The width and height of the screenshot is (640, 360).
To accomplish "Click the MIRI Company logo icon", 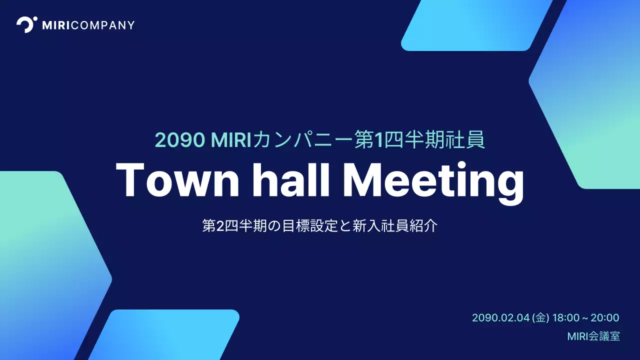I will [x=26, y=24].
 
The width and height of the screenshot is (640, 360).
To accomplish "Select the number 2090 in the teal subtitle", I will [x=180, y=140].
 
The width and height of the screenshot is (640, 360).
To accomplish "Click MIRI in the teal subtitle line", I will [x=231, y=140].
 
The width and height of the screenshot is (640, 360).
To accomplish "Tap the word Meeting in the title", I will [x=433, y=181].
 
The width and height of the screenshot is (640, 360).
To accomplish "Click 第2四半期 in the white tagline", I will [x=232, y=226].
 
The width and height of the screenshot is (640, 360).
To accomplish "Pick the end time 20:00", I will [x=605, y=318].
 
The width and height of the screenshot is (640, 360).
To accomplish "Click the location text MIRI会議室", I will [x=593, y=336].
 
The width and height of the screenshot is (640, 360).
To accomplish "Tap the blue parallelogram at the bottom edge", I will [x=165, y=335].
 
